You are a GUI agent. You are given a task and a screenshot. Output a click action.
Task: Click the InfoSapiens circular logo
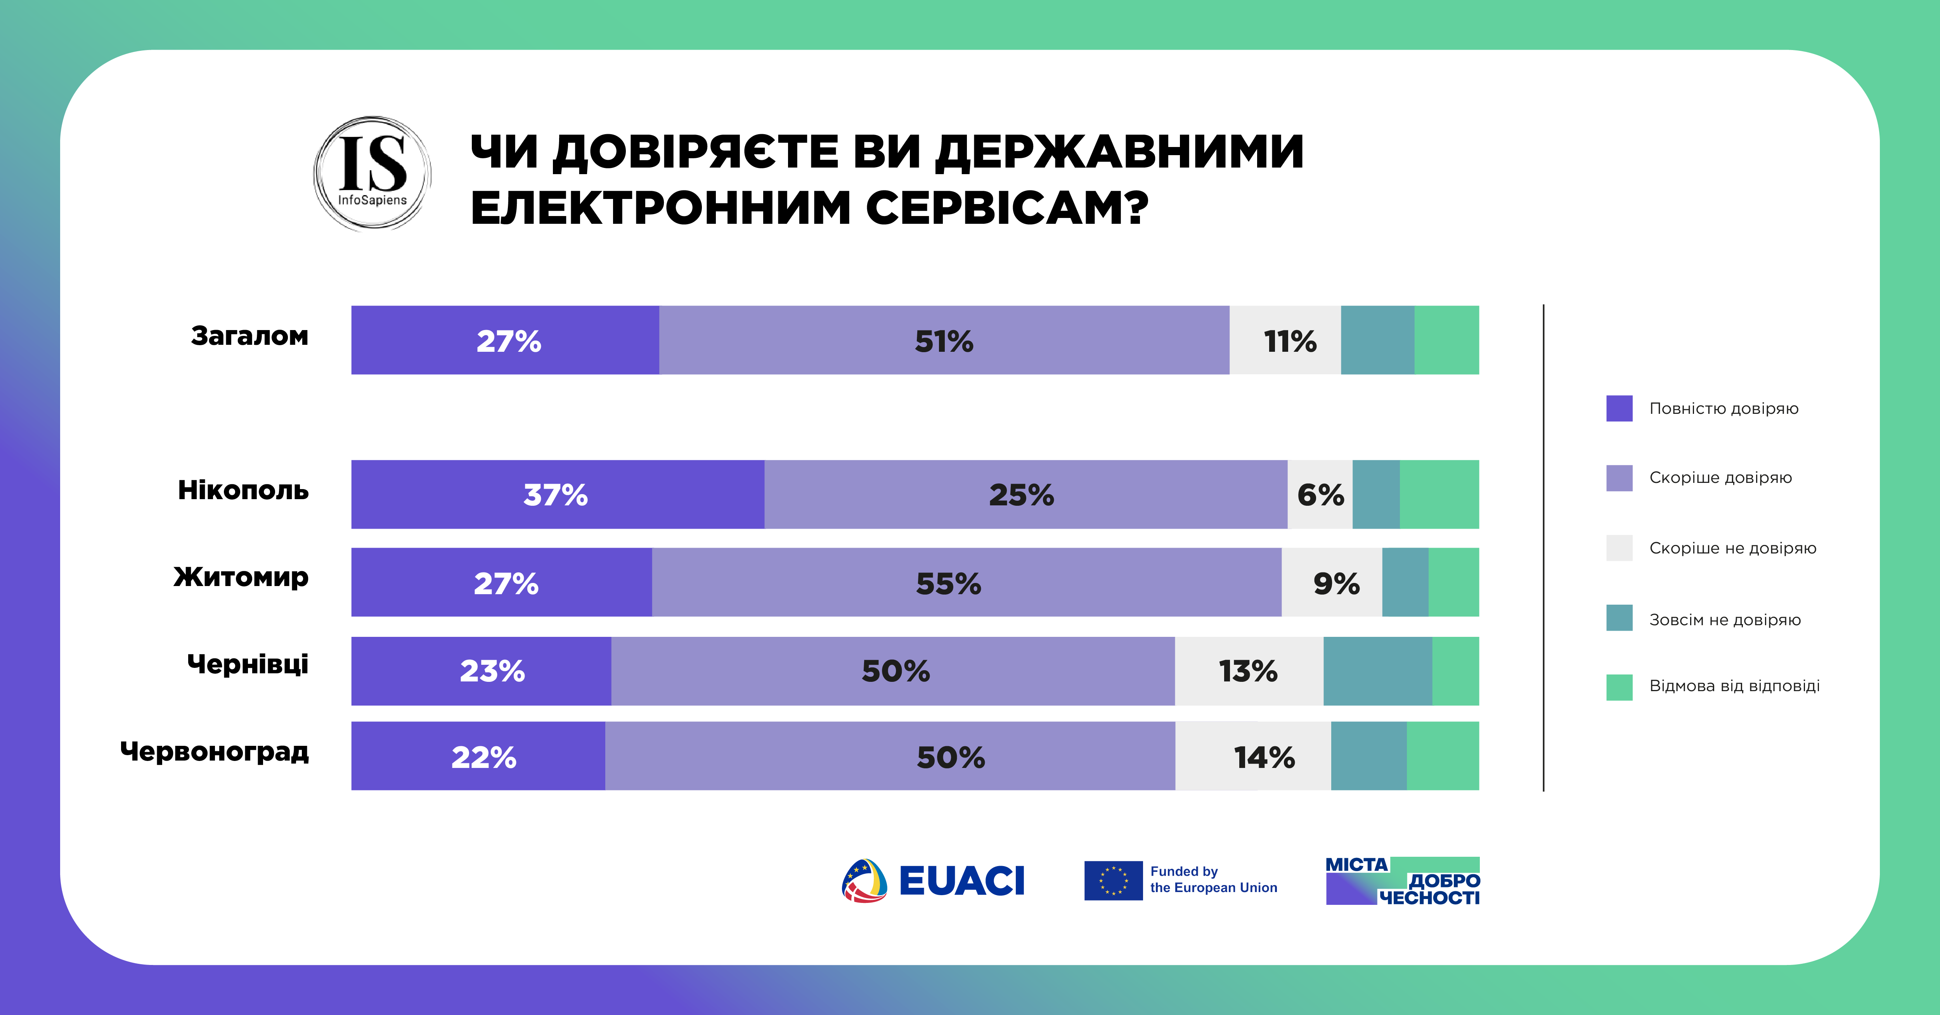tap(372, 173)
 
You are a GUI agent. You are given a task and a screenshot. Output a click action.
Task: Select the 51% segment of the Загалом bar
tap(944, 341)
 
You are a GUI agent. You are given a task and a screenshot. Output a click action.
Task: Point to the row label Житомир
tap(241, 577)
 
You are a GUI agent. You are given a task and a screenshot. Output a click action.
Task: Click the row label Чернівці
tap(248, 664)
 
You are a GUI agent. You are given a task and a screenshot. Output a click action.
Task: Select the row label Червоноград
tap(215, 752)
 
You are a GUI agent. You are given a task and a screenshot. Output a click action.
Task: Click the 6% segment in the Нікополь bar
tap(1320, 495)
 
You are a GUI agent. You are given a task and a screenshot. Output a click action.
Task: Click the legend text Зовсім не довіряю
tap(1725, 620)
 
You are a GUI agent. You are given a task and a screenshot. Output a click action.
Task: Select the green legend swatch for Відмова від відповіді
tap(1619, 687)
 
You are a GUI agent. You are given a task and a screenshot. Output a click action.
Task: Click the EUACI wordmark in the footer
tap(962, 881)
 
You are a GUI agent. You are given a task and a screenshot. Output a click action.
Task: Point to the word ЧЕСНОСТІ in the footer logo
tap(1429, 897)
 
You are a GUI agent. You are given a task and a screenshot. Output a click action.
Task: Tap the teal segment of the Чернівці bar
tap(1377, 671)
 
